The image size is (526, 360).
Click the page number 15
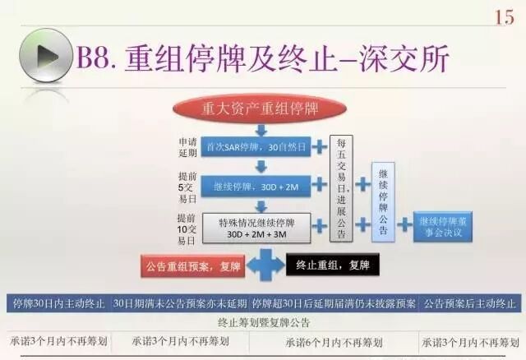(504, 16)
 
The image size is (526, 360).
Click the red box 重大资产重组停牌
(261, 108)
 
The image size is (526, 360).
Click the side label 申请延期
(187, 147)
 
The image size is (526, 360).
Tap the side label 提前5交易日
(187, 187)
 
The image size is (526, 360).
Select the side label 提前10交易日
(187, 228)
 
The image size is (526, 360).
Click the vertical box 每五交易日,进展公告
(342, 190)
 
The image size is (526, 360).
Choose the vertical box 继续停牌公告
(383, 202)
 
